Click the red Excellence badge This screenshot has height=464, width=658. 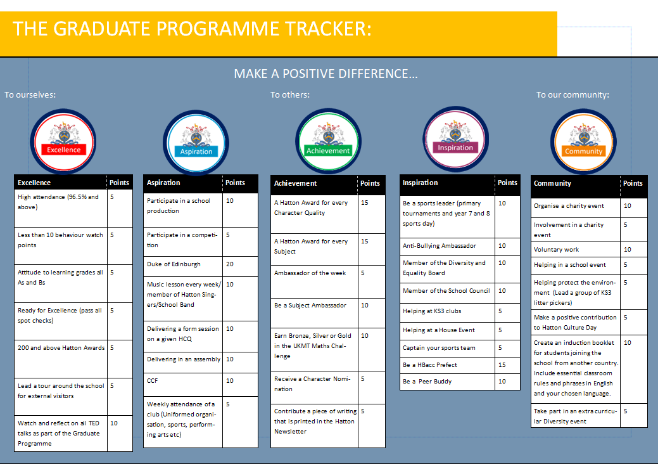pyautogui.click(x=63, y=141)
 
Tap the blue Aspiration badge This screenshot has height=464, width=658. pyautogui.click(x=196, y=143)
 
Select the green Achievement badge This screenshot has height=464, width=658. pyautogui.click(x=328, y=141)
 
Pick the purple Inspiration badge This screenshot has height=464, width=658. pyautogui.click(x=455, y=139)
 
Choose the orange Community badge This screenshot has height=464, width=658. pyautogui.click(x=583, y=142)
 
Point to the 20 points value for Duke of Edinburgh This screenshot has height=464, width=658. pyautogui.click(x=229, y=264)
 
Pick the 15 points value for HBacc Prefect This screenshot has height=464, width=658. pyautogui.click(x=502, y=365)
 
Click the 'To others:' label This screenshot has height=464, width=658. pyautogui.click(x=290, y=95)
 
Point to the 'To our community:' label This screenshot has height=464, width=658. pyautogui.click(x=573, y=95)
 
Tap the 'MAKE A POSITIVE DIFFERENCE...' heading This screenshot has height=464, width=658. pyautogui.click(x=326, y=74)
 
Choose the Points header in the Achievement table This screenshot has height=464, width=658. pyautogui.click(x=370, y=183)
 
